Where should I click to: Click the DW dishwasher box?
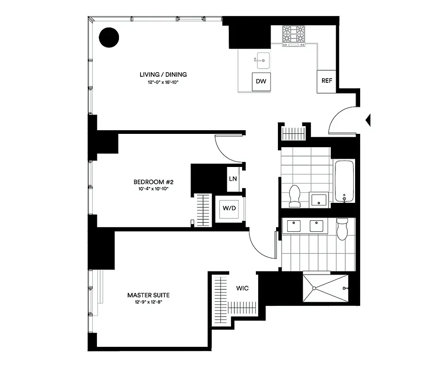coord(261,82)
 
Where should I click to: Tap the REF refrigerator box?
coord(327,81)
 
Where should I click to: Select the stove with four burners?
coord(294,35)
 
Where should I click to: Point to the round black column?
coord(109,38)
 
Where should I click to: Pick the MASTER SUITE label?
coord(145,295)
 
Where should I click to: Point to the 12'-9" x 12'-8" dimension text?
coord(145,303)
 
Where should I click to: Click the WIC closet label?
coord(243,288)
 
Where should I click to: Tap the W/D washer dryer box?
coord(229,208)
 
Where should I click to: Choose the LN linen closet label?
coord(233,178)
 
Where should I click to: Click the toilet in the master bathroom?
coord(343,229)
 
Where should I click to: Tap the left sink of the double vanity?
coord(294,226)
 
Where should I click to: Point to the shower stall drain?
coord(314,288)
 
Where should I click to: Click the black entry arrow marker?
coord(367,121)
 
